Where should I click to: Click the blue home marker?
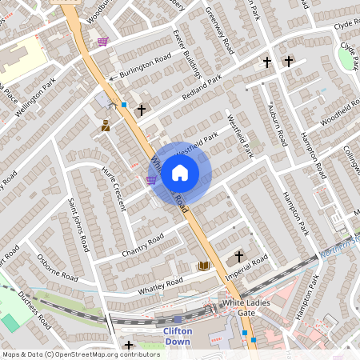point(180,173)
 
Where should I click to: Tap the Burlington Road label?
point(146,66)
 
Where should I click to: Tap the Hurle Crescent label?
point(114,188)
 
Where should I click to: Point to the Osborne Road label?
point(58,267)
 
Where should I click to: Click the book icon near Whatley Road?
point(203,266)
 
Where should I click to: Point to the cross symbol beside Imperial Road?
point(238,257)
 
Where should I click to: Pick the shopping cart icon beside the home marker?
point(151,180)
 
